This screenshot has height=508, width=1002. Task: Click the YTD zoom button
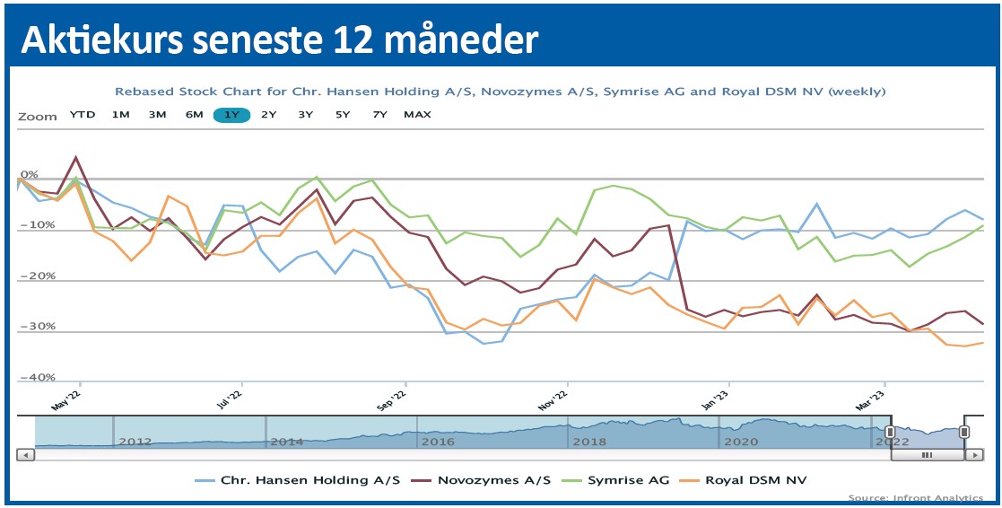point(83,115)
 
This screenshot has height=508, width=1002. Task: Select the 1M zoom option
point(121,115)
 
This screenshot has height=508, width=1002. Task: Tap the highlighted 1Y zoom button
point(231,115)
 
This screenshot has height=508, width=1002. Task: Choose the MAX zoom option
point(417,115)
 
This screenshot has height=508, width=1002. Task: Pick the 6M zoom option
point(194,115)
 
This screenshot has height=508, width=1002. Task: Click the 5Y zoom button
point(343,115)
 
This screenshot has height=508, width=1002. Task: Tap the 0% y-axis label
point(30,174)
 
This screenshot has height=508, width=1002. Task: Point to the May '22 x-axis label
point(67,399)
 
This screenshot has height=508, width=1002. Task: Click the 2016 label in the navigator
point(437,442)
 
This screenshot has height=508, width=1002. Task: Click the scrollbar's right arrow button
point(974,455)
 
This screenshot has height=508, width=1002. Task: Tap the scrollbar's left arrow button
point(25,455)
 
